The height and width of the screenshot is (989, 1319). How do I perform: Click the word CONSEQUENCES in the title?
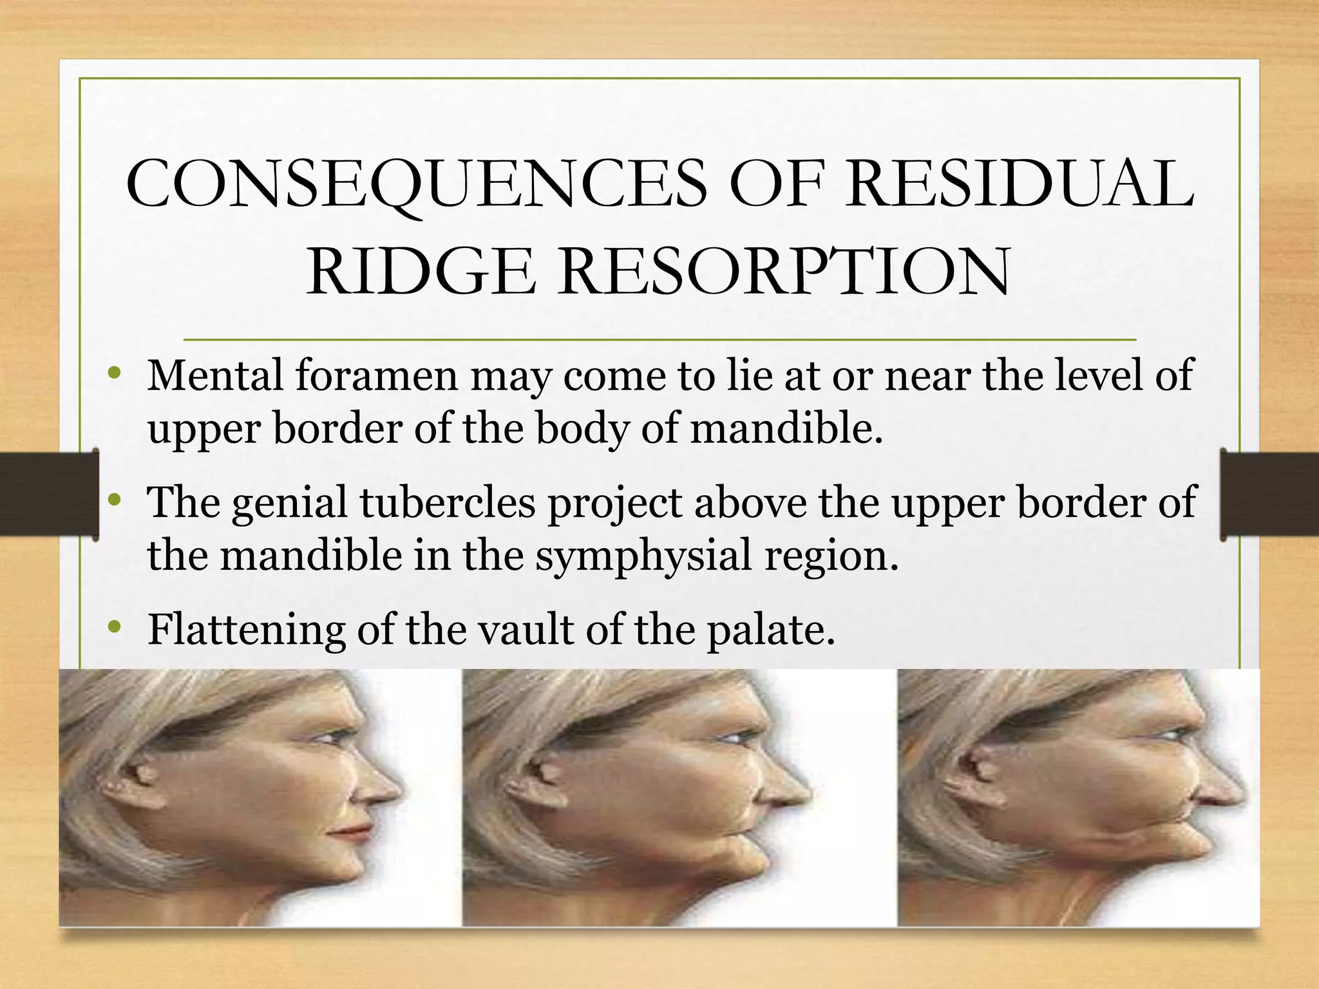click(x=416, y=185)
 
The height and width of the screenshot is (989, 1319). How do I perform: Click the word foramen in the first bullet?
click(x=376, y=376)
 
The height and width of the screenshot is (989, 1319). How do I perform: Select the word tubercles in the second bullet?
click(x=448, y=503)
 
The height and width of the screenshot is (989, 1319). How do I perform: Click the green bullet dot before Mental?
click(x=115, y=373)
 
